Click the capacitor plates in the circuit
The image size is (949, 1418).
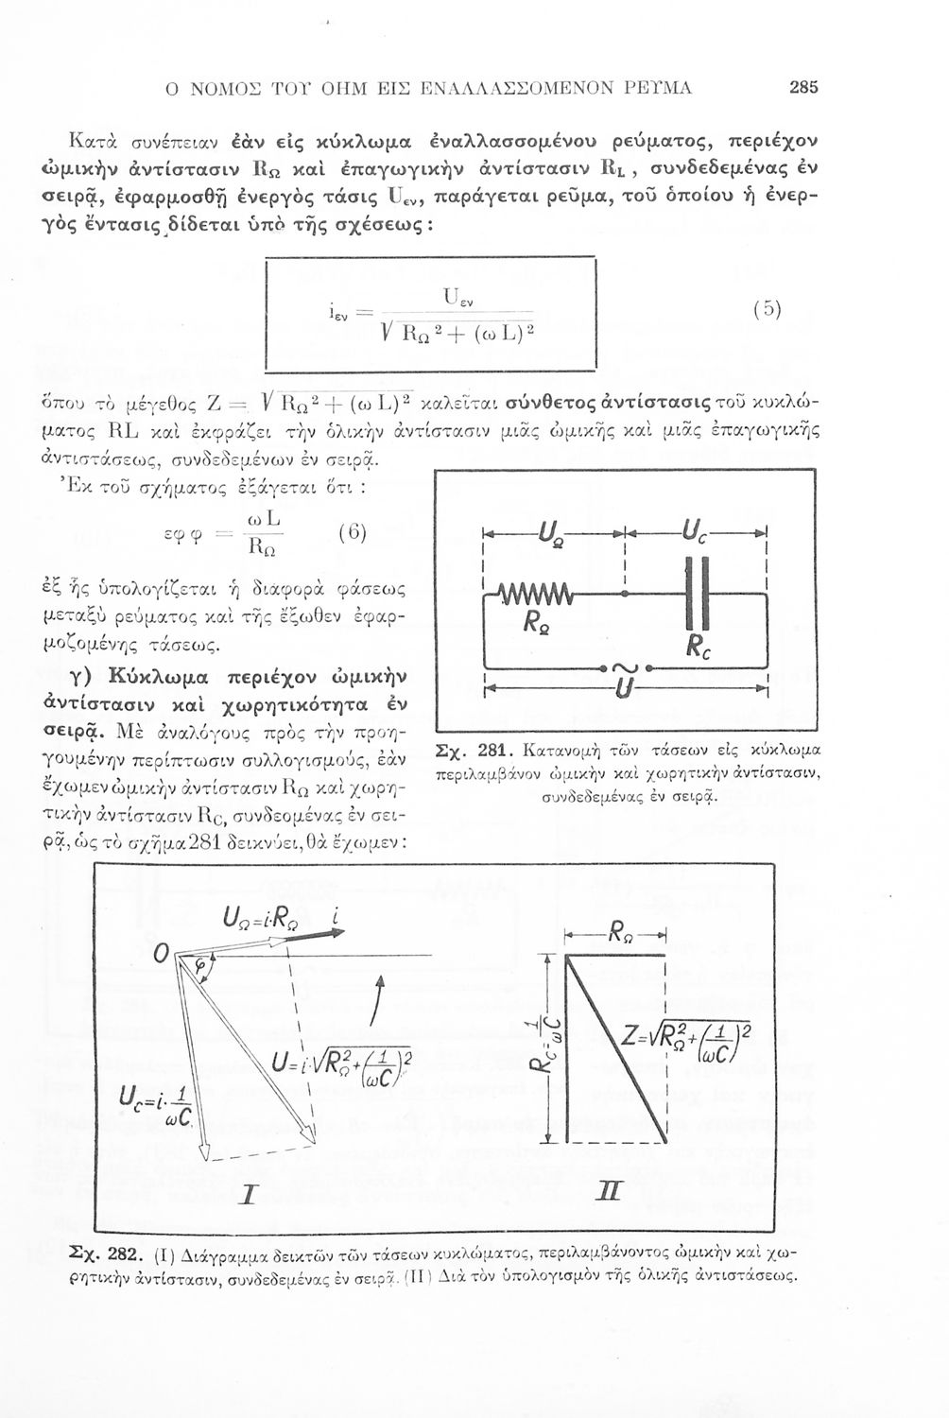[x=696, y=593]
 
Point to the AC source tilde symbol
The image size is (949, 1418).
[x=626, y=668]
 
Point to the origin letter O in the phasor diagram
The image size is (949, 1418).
[x=160, y=957]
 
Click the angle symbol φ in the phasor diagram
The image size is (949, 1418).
[x=200, y=965]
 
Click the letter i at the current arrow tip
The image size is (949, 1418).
[x=336, y=915]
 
